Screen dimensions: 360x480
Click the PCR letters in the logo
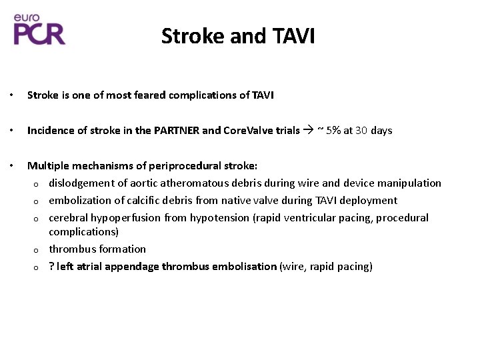click(x=40, y=33)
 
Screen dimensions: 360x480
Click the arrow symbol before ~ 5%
click(x=308, y=131)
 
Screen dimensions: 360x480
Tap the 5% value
click(x=333, y=131)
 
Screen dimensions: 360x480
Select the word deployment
click(x=371, y=200)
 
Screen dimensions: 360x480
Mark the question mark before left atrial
click(x=51, y=267)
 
